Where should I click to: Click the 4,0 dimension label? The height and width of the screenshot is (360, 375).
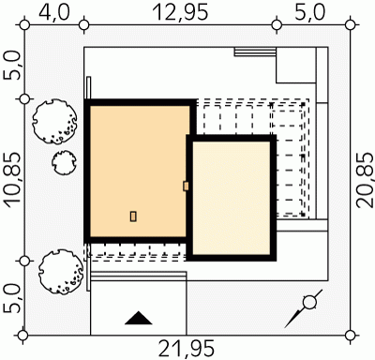54,13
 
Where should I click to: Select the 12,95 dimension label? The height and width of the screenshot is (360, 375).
180,13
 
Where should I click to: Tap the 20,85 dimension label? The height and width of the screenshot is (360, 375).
365,180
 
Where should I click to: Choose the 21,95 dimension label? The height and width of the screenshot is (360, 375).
187,349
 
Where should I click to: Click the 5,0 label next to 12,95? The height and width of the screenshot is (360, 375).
309,13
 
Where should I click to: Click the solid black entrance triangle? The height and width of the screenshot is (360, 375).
139,318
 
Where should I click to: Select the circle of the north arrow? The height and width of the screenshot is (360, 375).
309,302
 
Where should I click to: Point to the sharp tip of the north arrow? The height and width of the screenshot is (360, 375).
285,327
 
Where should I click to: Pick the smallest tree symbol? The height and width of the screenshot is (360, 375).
63,162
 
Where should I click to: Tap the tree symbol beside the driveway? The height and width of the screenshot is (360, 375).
61,271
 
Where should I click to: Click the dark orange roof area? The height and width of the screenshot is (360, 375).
140,172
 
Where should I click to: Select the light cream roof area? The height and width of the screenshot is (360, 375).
232,198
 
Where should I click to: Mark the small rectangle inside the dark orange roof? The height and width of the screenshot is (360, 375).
133,217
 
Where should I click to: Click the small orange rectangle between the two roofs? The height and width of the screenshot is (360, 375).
186,187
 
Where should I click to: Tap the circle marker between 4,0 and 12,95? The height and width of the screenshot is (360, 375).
83,24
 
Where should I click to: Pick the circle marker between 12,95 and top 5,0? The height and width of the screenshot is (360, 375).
277,24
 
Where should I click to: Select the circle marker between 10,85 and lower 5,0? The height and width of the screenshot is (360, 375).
24,261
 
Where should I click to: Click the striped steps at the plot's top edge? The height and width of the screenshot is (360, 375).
255,52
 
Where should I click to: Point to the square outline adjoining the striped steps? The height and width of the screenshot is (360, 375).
296,65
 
